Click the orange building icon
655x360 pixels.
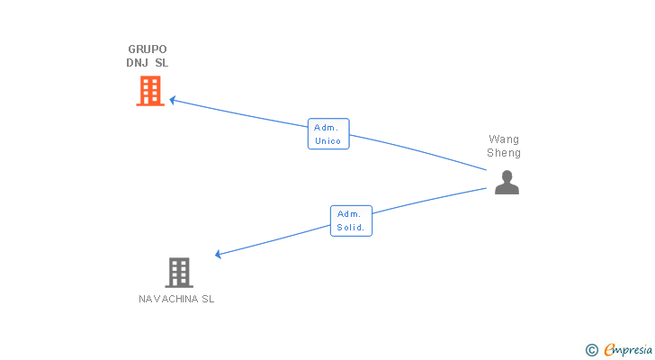(150, 91)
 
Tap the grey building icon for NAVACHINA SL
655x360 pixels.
(179, 272)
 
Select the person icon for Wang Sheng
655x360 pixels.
(507, 183)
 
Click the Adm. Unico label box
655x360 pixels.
(327, 134)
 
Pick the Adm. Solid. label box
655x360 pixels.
(351, 220)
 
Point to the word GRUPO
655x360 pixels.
(148, 49)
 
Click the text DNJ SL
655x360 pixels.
(148, 63)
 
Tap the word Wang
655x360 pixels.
(504, 139)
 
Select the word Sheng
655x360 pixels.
(504, 153)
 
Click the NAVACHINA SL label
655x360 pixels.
(176, 299)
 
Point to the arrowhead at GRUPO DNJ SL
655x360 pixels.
(173, 100)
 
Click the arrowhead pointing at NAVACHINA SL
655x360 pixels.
(219, 255)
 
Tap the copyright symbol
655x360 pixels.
(592, 349)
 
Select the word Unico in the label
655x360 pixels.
(327, 141)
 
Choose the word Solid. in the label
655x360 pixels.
(351, 228)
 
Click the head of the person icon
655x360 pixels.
(507, 175)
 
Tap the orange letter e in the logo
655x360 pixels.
(609, 350)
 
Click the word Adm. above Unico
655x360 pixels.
(326, 128)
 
